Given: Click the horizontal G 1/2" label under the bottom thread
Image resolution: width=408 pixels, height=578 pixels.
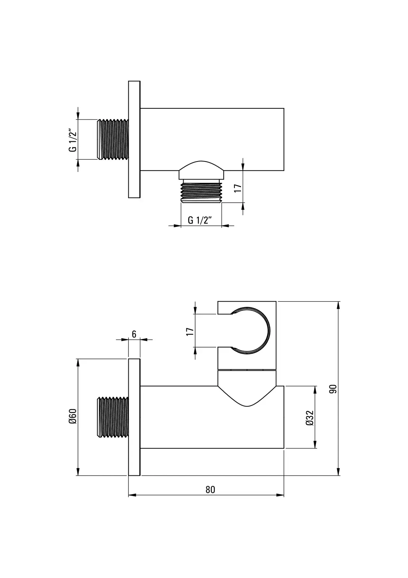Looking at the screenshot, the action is click(200, 220).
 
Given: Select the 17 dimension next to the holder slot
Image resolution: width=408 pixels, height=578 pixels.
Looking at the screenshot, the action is click(190, 331).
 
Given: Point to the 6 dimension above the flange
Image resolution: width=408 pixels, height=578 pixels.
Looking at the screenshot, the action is click(134, 334).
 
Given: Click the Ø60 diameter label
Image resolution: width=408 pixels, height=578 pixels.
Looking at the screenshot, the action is click(73, 416).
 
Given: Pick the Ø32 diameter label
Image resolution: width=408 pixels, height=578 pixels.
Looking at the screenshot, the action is click(309, 418).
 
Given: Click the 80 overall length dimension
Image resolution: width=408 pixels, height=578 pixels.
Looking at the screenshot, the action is click(210, 489).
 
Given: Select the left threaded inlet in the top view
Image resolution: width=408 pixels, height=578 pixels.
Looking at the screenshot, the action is click(113, 139).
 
